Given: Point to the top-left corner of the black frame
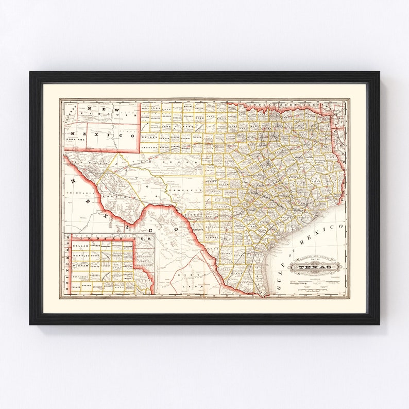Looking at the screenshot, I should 30,72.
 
